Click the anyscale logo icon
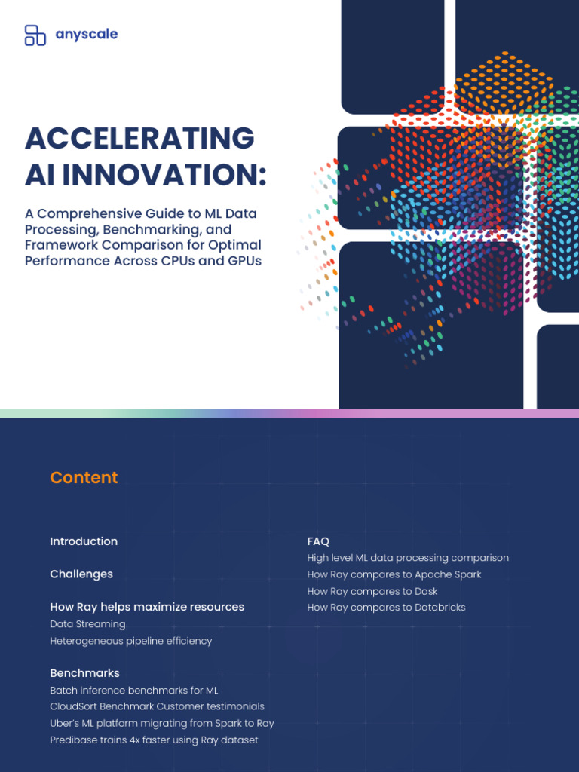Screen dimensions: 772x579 coord(35,35)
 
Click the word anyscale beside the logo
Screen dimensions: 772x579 coord(87,35)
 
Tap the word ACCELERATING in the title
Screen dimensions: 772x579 coord(139,139)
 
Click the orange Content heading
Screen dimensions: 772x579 coord(84,478)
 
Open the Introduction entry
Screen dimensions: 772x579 coord(84,541)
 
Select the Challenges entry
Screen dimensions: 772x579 coord(81,574)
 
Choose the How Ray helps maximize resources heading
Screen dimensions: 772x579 coord(147,607)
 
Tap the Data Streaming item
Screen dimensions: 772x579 coord(87,624)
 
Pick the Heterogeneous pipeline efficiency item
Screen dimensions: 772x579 coord(131,641)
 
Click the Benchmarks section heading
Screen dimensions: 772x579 coord(84,673)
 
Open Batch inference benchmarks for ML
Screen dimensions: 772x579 coord(134,691)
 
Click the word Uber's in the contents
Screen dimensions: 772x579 coord(65,724)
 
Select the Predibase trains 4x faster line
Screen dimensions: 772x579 coord(154,740)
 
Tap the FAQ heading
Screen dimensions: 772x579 coord(318,541)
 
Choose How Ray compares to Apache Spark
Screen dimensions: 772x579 coord(394,574)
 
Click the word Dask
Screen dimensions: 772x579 coord(424,592)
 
